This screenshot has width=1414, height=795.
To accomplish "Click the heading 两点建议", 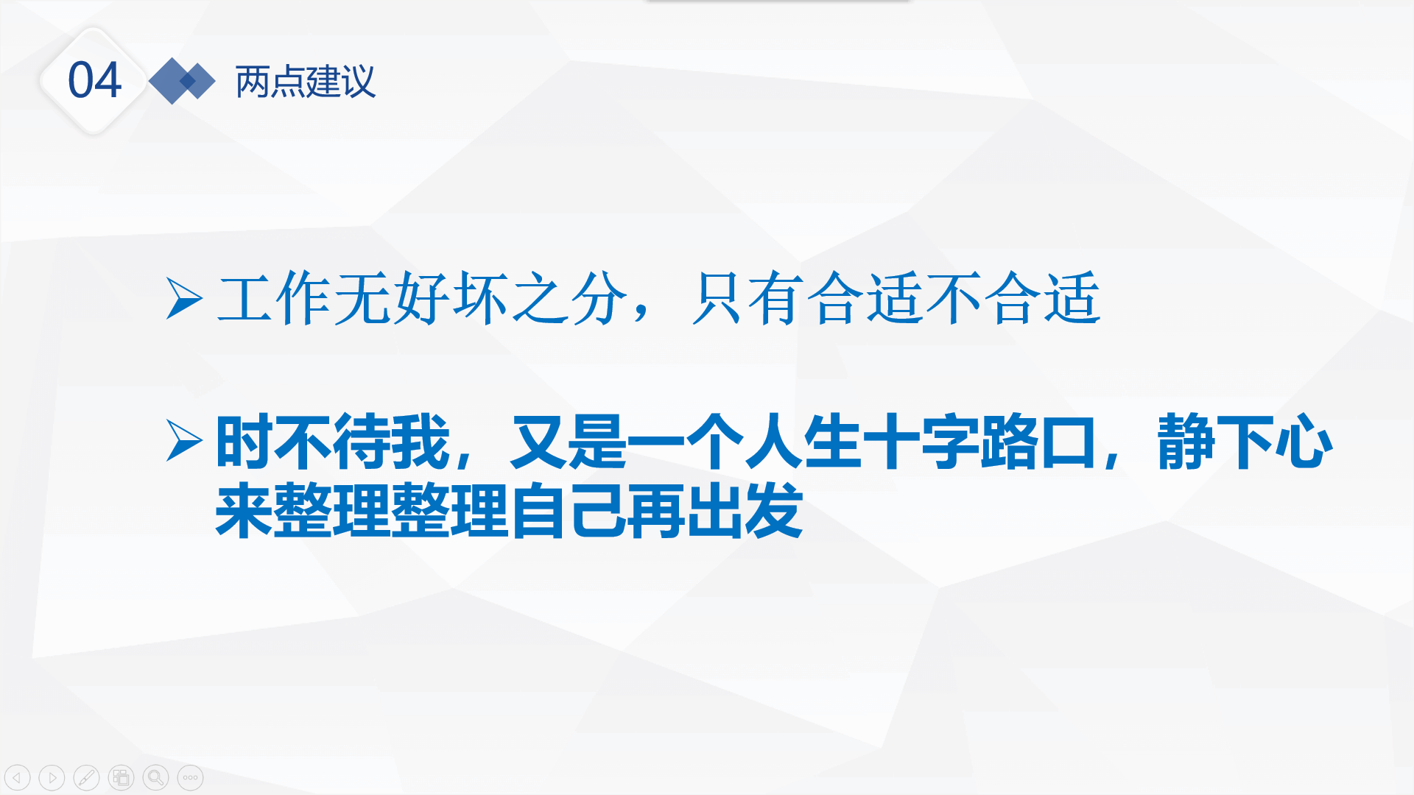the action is coord(306,81).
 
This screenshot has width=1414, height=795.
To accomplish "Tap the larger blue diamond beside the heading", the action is coord(172,81).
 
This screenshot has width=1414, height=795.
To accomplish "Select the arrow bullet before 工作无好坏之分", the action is coord(184,298).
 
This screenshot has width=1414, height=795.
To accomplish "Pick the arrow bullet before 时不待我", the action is coord(184,441).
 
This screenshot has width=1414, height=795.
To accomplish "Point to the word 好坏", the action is coord(451,298).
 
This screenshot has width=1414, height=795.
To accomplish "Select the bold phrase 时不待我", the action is coord(333,442).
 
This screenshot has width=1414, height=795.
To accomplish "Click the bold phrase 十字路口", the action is coord(979,442).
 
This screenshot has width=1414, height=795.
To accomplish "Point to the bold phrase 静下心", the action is coord(1245,442).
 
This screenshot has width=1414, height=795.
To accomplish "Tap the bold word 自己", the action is coord(568,511).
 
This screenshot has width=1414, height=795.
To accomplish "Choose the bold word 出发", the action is coord(745,511).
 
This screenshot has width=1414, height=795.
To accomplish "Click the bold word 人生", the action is coord(803,442).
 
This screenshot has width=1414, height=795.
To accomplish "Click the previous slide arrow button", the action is coord(17,777).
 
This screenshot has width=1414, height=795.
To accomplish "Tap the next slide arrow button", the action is coord(52,777).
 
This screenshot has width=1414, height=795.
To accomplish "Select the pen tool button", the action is coord(86,777).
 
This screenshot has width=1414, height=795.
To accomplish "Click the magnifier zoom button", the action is coord(155,777).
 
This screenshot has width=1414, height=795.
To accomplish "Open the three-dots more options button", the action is coord(190,777).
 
